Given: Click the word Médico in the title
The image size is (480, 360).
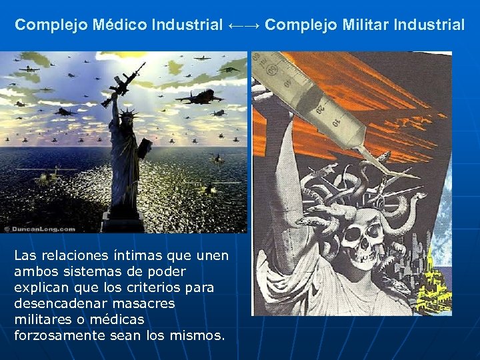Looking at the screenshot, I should [x=122, y=25].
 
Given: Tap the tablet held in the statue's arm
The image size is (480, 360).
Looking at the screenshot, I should [x=143, y=147].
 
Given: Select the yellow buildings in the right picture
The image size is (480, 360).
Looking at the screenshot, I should [x=436, y=280].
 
